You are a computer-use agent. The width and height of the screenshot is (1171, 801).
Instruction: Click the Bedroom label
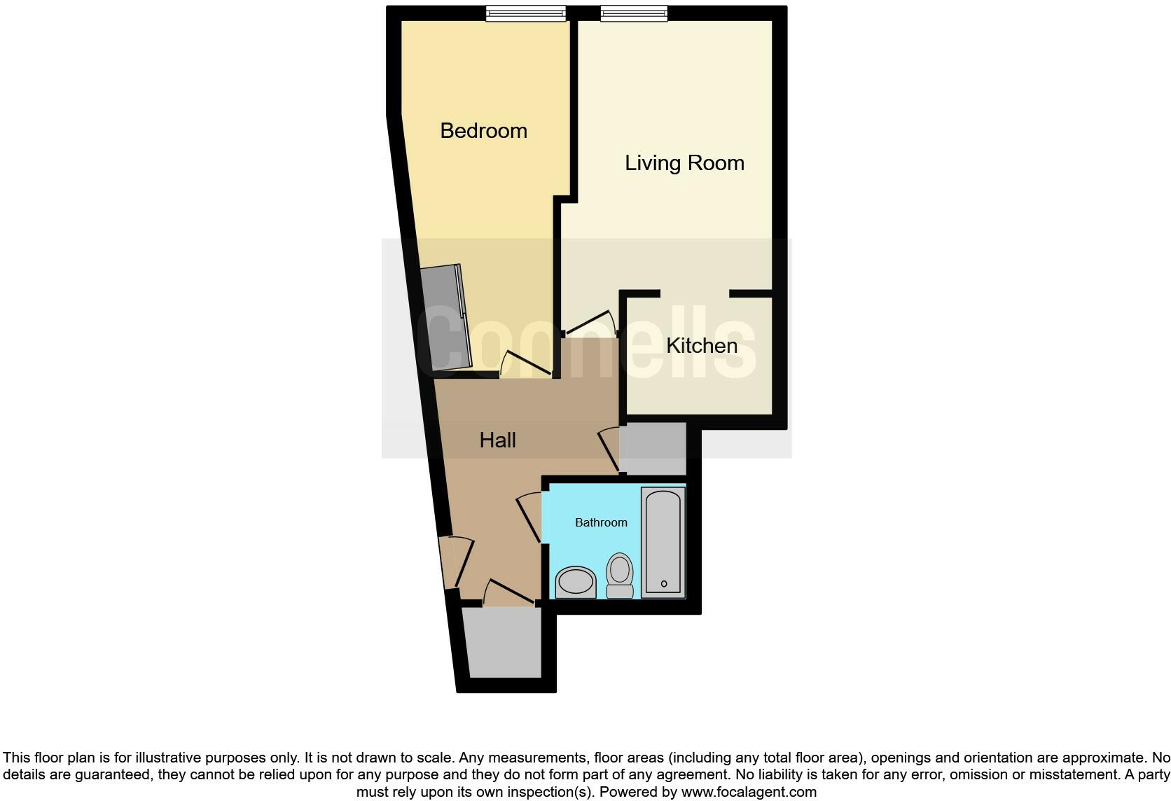[x=483, y=131]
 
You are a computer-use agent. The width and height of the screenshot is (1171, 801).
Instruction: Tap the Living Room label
[x=684, y=163]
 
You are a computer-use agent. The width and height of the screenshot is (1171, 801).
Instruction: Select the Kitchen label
[x=701, y=346]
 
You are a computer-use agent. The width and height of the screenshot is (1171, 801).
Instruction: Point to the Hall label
[x=497, y=440]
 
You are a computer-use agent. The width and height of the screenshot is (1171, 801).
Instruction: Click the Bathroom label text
[x=601, y=522]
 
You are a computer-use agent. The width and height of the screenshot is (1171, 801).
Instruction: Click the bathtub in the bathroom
[x=663, y=543]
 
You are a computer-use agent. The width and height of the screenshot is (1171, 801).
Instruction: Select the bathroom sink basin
[x=575, y=583]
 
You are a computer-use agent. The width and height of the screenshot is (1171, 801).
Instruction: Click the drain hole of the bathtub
[x=664, y=584]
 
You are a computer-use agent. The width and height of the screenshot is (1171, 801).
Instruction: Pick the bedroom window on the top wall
[x=526, y=14]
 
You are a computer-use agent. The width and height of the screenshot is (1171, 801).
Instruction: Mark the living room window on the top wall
[x=634, y=14]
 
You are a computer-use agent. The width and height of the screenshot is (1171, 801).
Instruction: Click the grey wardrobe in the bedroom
[x=445, y=319]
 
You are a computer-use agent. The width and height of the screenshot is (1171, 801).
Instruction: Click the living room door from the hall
[x=590, y=323]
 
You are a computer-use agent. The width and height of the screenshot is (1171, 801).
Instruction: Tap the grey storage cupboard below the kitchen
[x=653, y=448]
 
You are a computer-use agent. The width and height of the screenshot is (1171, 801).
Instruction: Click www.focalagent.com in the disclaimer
[x=749, y=793]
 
